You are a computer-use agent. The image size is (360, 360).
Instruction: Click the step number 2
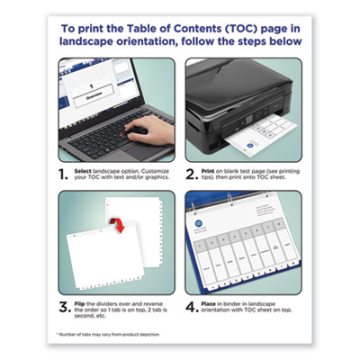coord(192,172)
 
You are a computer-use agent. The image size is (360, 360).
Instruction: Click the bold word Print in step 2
coord(209,168)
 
